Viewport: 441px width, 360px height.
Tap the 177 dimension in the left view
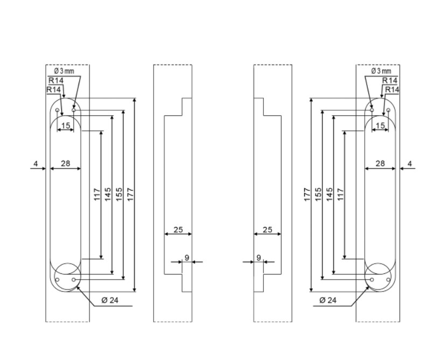coord(130,194)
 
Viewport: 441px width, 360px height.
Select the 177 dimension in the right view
coord(307,194)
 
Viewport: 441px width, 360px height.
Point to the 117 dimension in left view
coord(97,194)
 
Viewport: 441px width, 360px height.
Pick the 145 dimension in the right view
coord(330,194)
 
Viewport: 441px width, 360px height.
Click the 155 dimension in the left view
coord(119,194)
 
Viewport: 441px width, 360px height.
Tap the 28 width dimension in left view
coord(65,163)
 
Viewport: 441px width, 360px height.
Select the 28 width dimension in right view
coord(380,163)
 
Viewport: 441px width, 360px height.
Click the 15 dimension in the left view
coord(66,125)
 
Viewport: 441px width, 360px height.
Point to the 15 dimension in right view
coord(380,125)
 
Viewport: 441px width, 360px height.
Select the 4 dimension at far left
coord(36,163)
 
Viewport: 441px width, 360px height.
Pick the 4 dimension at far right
coord(410,163)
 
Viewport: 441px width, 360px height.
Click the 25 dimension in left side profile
coord(178,230)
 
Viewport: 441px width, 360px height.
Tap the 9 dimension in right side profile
coord(258,258)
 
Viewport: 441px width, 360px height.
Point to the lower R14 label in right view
coord(391,89)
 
